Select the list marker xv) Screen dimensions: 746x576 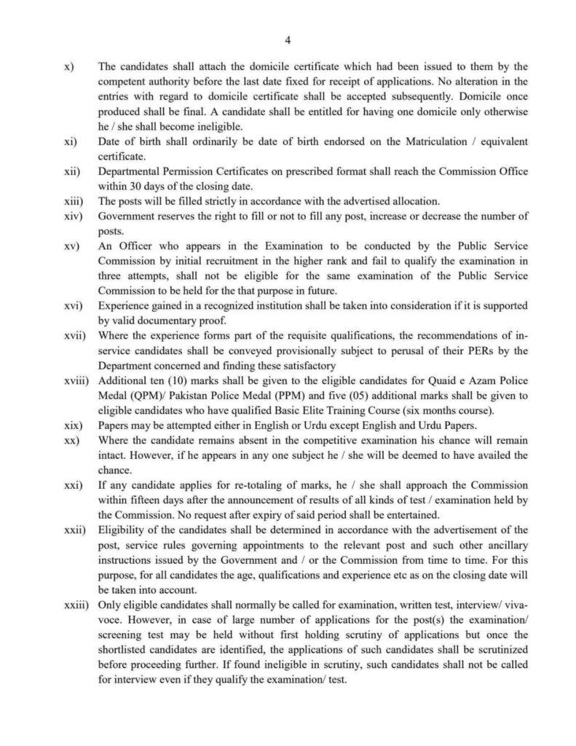70,248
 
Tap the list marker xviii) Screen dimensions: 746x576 74,382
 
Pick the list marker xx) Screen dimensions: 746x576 70,441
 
